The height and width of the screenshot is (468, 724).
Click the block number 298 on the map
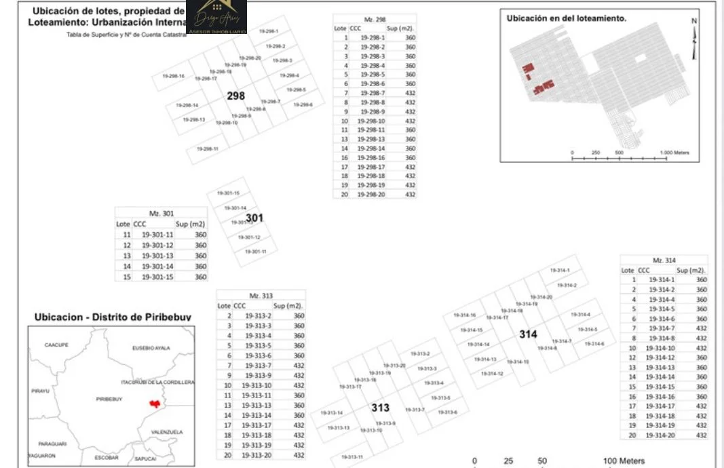point(235,96)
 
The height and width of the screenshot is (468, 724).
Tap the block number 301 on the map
point(254,218)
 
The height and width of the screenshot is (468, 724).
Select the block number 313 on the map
point(380,408)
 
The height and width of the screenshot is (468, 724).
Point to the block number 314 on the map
point(528,334)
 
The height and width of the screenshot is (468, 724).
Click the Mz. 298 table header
point(374,19)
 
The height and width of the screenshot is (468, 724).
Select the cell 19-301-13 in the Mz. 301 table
point(157,256)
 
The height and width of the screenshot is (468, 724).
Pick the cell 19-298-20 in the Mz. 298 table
point(371,195)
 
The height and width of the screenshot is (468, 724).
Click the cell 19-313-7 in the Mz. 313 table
point(256,365)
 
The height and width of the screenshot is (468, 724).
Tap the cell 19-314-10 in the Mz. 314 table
point(661,348)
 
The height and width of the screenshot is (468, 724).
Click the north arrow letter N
point(694,20)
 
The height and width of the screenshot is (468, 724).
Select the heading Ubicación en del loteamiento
point(567,19)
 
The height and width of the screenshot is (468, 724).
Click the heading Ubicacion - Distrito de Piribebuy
point(113,317)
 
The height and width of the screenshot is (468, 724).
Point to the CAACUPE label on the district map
point(57,345)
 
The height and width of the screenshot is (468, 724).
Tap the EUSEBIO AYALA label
point(151,348)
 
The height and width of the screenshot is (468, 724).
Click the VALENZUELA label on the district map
point(167,431)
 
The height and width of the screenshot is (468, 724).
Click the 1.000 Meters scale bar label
point(674,153)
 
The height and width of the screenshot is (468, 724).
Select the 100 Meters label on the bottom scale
point(624,461)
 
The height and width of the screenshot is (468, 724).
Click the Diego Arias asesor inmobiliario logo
point(216,17)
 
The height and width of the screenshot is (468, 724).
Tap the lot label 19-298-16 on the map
point(173,76)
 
